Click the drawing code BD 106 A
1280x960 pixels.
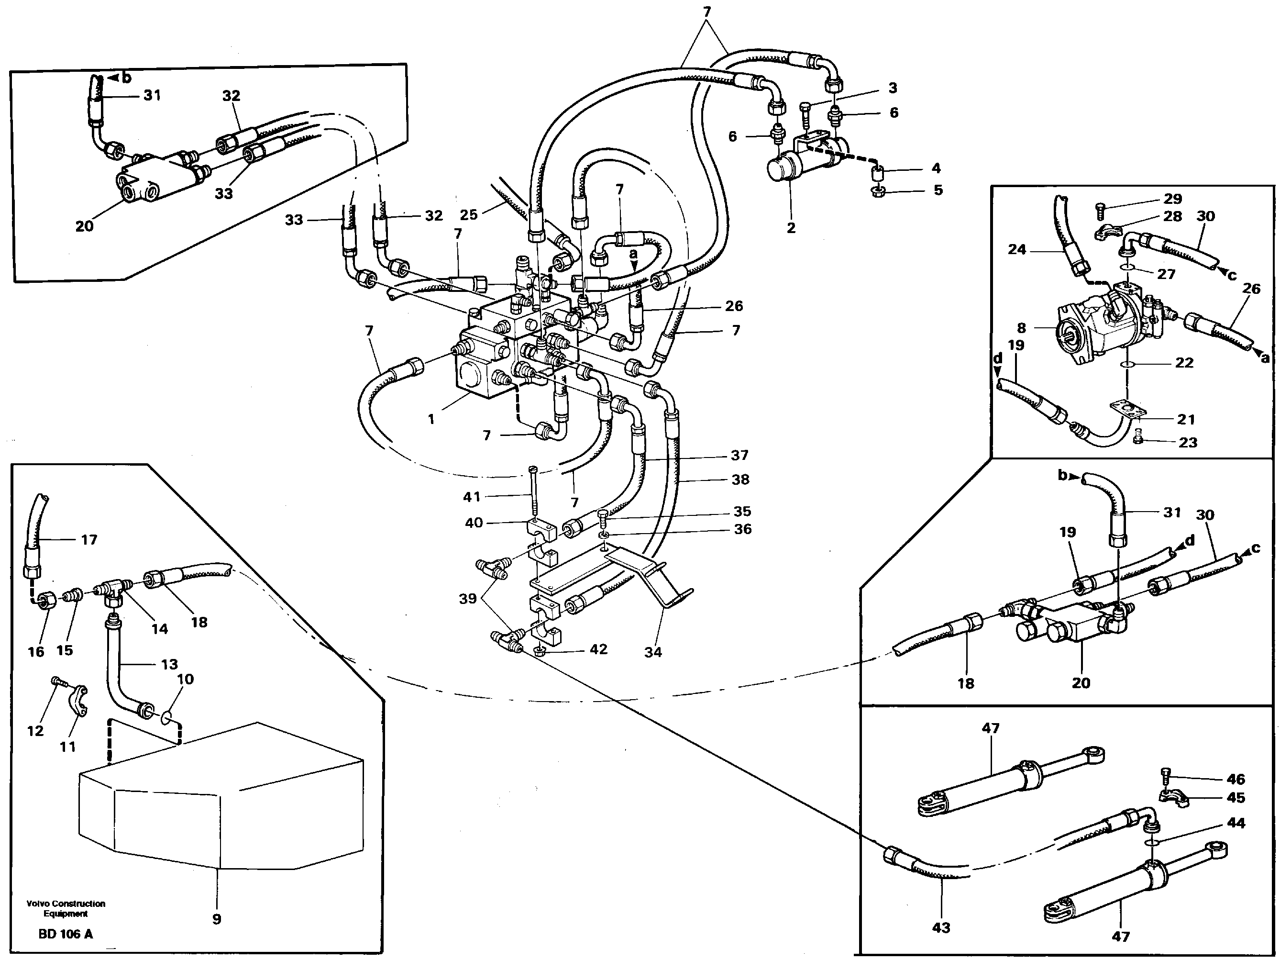[66, 934]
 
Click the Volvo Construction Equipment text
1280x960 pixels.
[66, 908]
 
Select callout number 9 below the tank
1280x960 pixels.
[216, 919]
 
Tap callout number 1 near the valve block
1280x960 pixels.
[431, 419]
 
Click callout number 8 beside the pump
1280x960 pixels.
[1021, 328]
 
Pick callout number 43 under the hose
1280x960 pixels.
[941, 927]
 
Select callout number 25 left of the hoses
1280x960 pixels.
[468, 215]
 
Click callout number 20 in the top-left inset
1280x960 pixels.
[85, 226]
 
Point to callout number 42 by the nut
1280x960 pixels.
[598, 649]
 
